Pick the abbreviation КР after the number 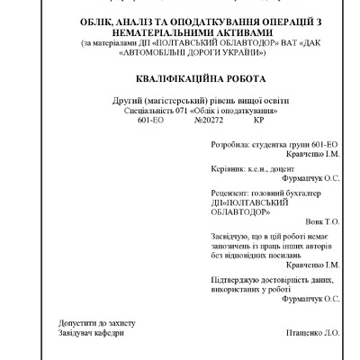260,119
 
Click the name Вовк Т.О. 322,221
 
